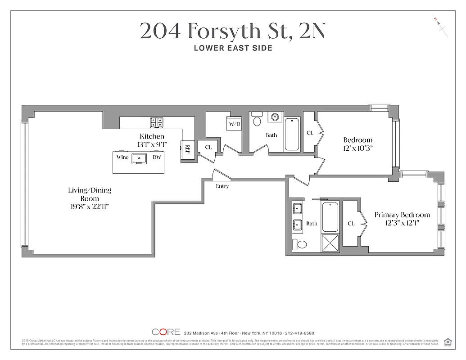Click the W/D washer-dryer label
click(234, 124)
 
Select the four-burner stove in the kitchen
click(156, 122)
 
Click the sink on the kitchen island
click(140, 158)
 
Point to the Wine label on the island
click(122, 157)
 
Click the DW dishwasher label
click(156, 157)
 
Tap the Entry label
click(222, 186)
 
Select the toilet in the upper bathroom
click(257, 121)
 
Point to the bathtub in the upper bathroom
click(292, 134)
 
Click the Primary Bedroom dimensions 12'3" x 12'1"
click(402, 223)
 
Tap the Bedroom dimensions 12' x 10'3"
click(358, 148)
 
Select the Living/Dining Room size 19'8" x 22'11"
click(89, 207)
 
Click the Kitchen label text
click(152, 136)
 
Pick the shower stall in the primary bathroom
click(330, 243)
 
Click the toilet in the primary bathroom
click(300, 245)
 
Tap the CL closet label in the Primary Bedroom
click(351, 224)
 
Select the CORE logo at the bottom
click(166, 332)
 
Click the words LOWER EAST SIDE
click(233, 48)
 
